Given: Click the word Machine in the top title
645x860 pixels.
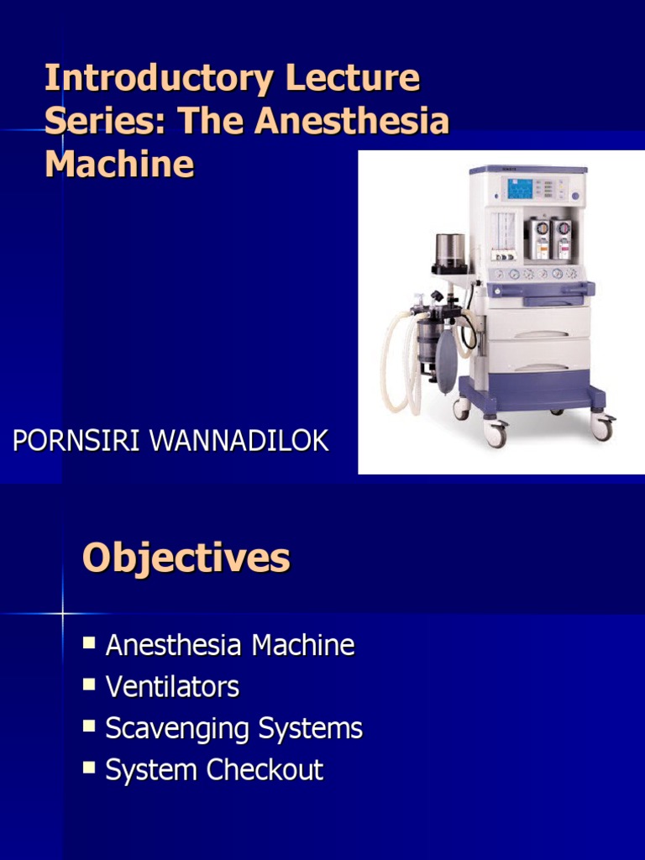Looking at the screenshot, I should point(119,163).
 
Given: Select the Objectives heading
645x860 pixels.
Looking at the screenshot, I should point(186,558).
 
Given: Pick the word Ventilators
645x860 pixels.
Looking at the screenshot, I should point(172,686).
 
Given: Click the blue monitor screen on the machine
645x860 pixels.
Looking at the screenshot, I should point(519,188).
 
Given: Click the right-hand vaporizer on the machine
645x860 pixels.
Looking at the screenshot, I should point(561,239).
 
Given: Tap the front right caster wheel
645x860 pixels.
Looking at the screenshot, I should point(601,426).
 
